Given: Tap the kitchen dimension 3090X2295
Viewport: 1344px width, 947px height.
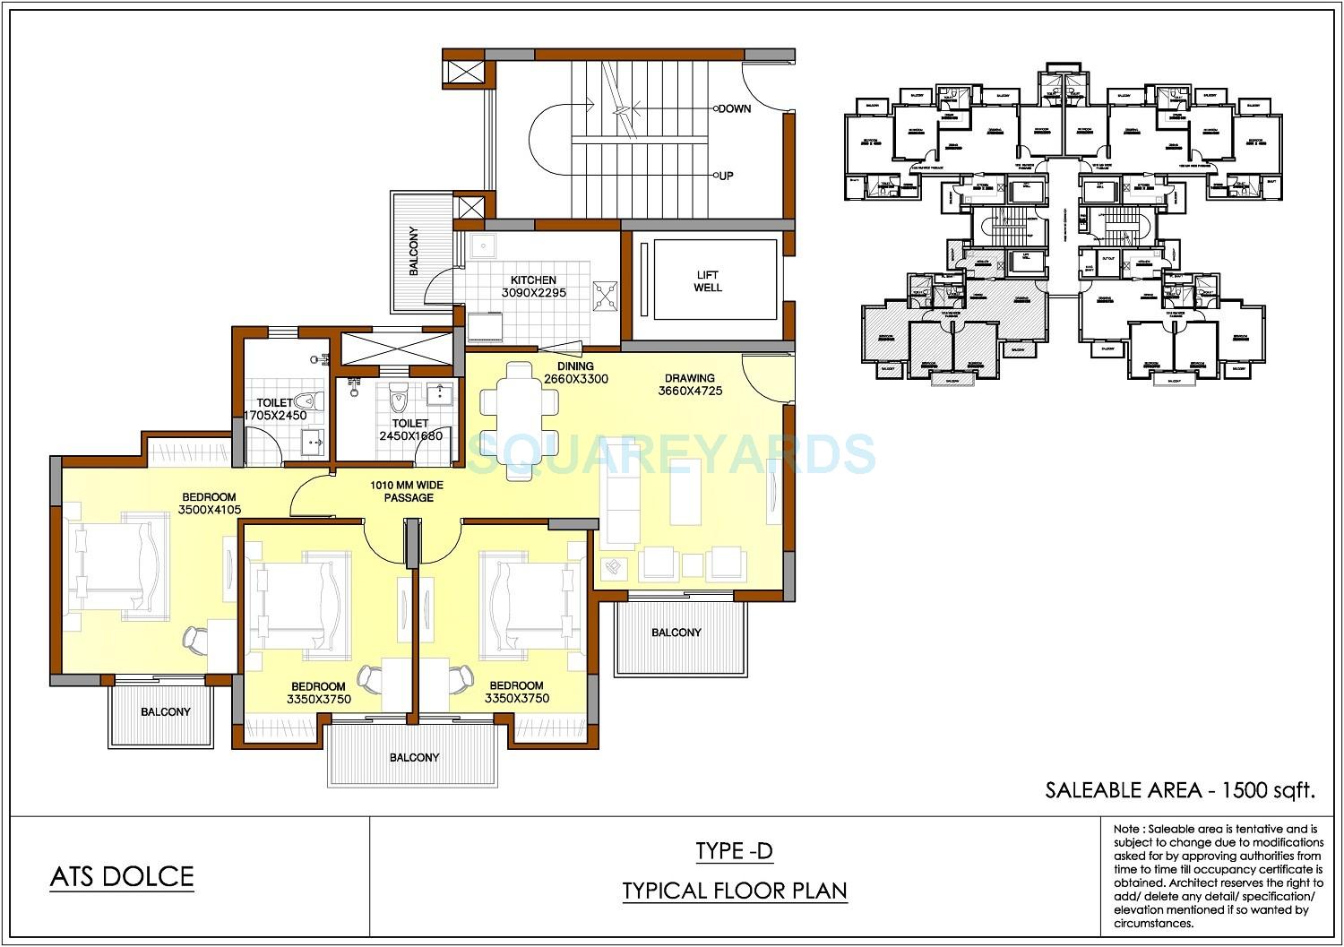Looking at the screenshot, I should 533,293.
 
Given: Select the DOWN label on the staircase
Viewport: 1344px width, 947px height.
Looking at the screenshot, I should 734,108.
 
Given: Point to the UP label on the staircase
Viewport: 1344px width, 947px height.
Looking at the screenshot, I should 726,176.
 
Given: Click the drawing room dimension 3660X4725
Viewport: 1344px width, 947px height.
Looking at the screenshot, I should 689,391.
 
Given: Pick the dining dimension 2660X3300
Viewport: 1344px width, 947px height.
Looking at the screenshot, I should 575,379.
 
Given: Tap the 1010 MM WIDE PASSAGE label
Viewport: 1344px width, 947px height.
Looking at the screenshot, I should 408,491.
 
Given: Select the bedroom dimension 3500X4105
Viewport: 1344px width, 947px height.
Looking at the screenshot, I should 209,510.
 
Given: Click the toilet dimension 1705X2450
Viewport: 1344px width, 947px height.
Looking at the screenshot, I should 275,416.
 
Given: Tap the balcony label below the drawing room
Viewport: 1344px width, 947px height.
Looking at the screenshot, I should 676,633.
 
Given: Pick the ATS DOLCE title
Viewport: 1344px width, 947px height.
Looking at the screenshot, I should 122,875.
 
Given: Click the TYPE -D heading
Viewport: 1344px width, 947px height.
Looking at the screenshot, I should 734,851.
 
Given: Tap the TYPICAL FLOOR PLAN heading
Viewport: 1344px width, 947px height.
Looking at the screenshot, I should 735,891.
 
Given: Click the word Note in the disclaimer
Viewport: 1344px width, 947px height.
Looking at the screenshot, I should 1128,829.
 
